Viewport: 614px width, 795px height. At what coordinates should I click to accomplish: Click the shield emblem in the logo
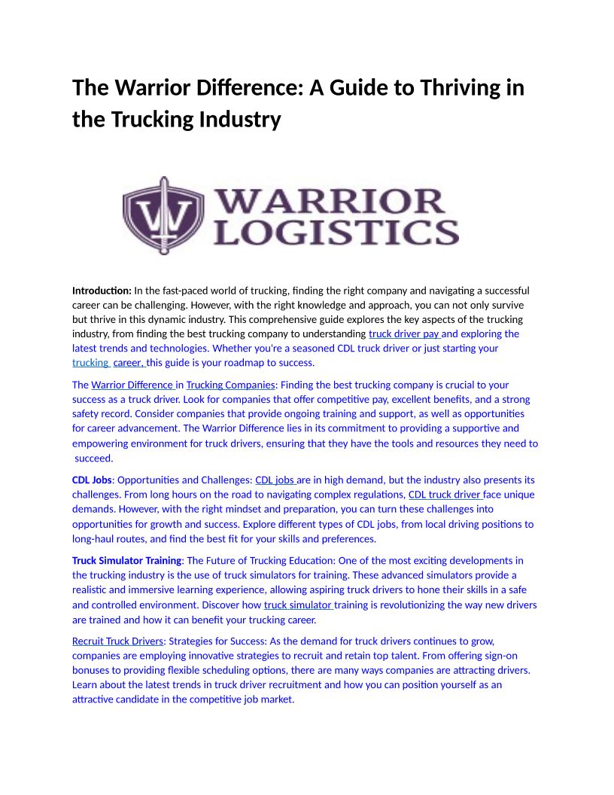(163, 215)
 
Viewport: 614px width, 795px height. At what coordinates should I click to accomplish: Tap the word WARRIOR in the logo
(330, 201)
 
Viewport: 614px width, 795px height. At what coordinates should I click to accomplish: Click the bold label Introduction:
(102, 291)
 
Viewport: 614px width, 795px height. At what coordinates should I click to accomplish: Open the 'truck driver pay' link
(404, 334)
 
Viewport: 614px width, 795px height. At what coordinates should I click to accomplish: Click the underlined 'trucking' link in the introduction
(90, 363)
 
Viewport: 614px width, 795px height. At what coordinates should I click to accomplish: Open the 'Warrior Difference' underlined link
(132, 385)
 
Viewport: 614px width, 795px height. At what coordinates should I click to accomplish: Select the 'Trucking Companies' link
(230, 385)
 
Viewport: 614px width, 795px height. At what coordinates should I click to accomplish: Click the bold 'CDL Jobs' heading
(92, 480)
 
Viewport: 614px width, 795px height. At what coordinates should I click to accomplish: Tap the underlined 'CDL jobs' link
(275, 480)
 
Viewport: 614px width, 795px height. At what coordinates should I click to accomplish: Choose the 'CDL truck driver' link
(444, 495)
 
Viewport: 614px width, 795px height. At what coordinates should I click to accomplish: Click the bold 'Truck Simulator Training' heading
(126, 561)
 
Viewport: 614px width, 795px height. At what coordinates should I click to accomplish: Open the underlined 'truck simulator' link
(297, 605)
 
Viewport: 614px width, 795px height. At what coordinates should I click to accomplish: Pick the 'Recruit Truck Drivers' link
(117, 641)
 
